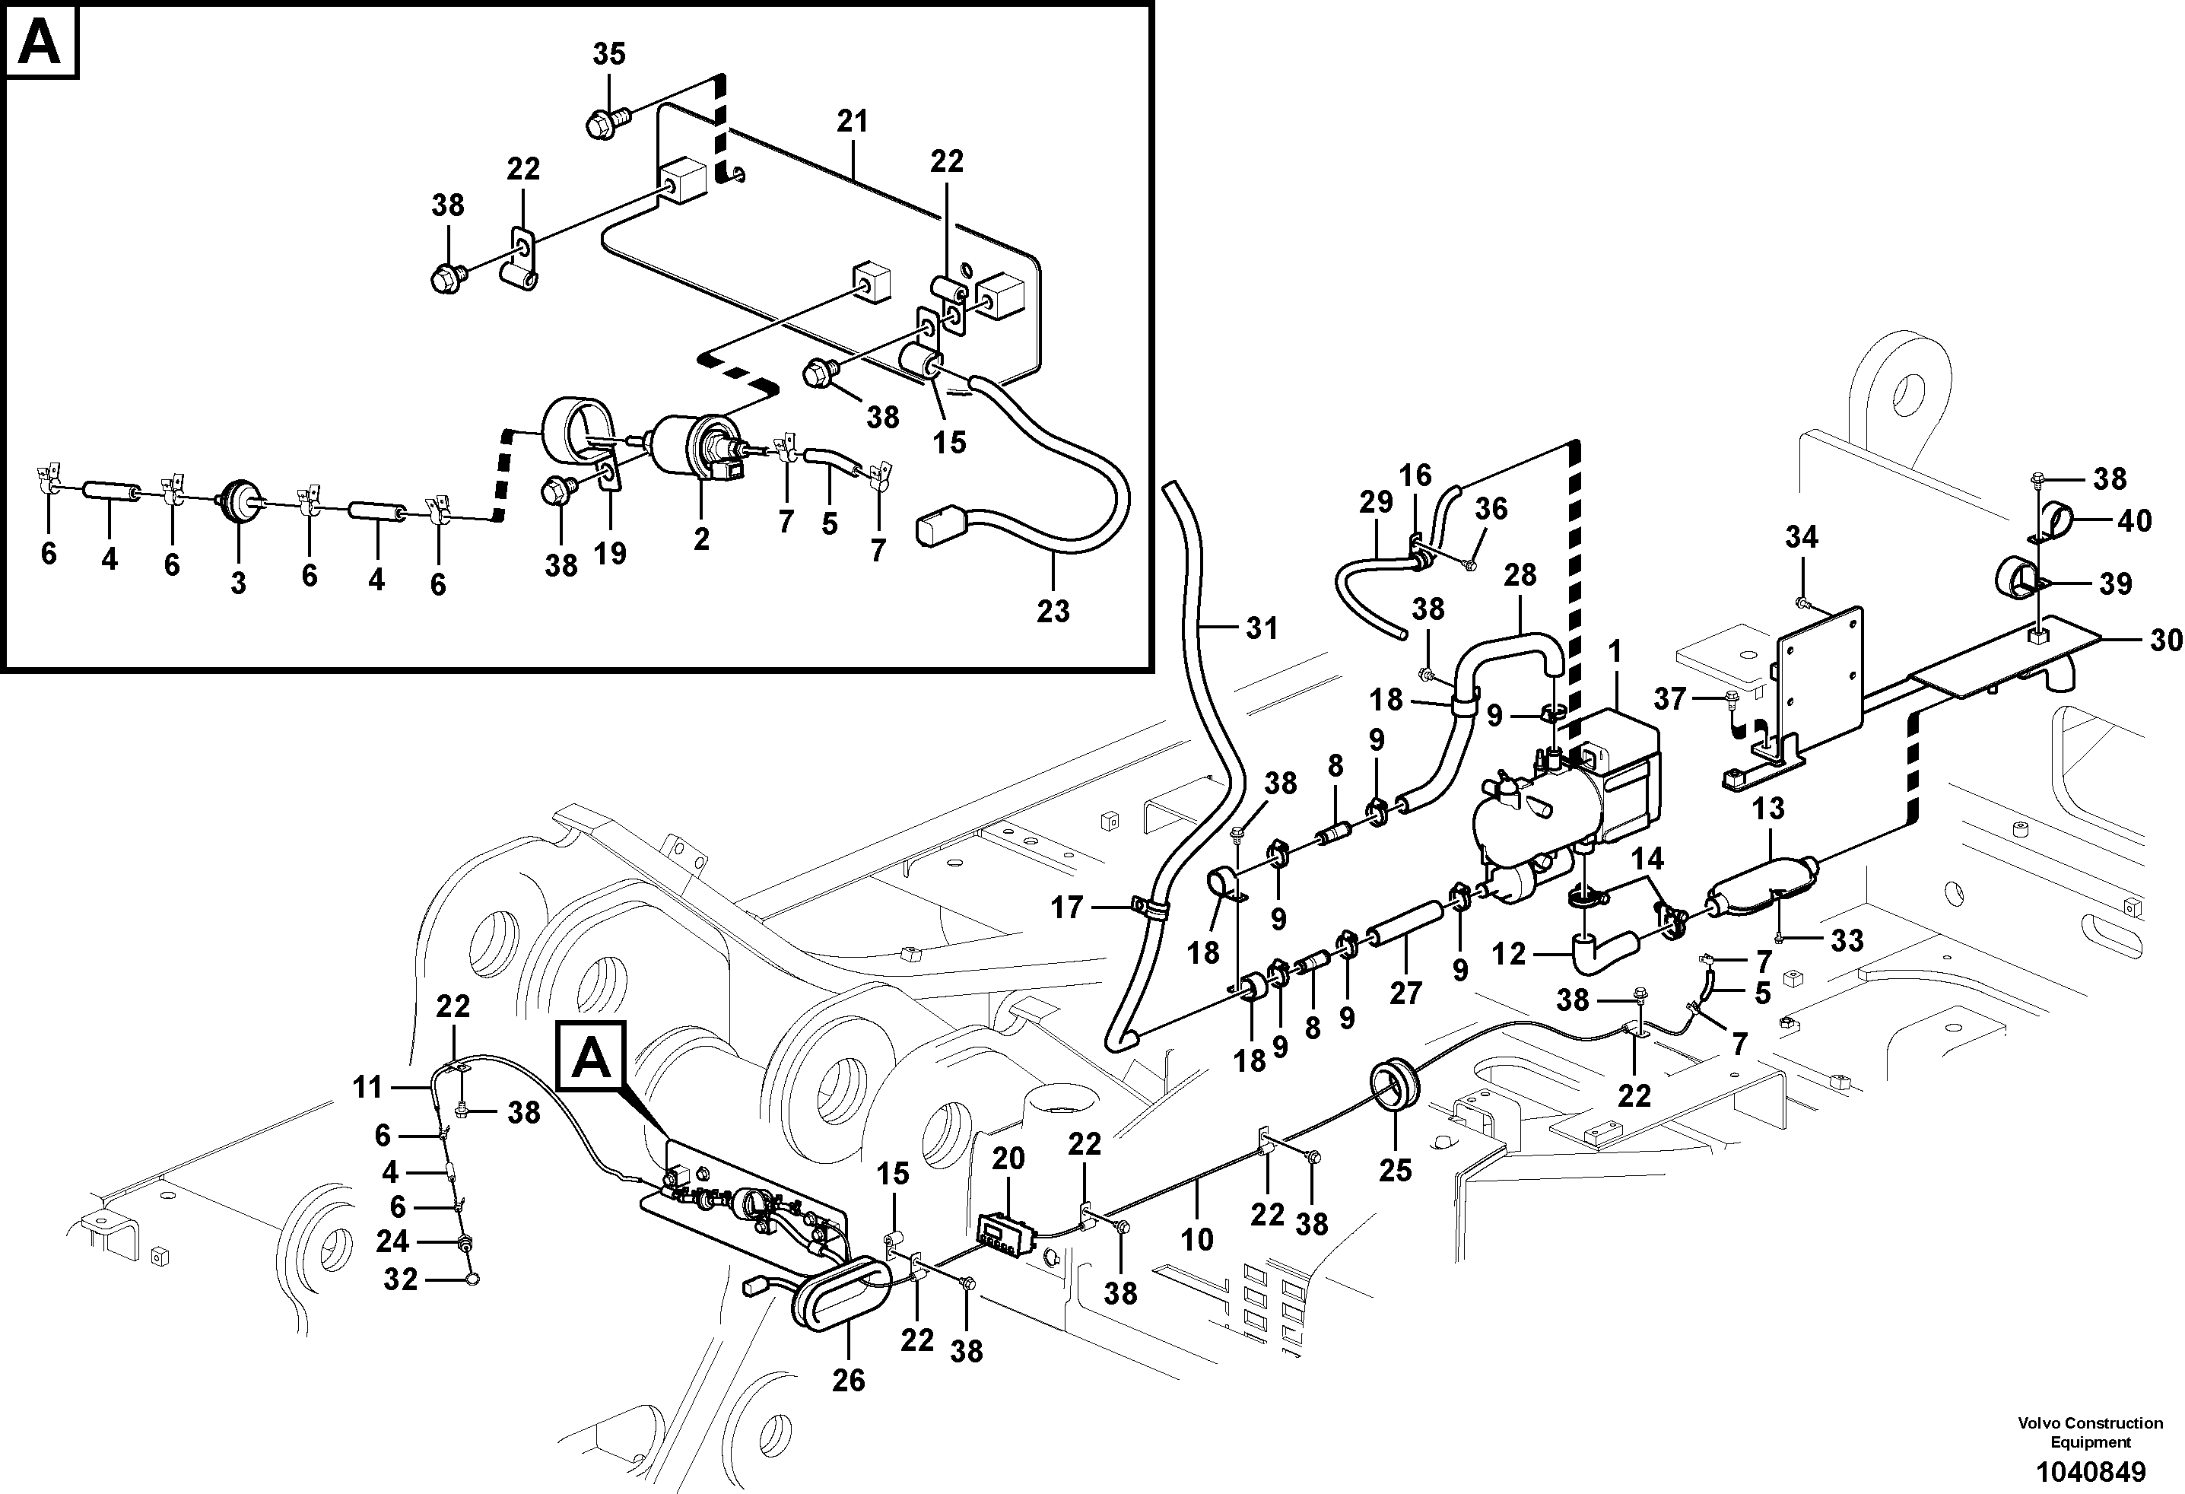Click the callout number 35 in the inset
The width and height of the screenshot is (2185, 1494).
click(608, 55)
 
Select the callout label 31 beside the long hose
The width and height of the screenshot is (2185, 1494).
click(1262, 628)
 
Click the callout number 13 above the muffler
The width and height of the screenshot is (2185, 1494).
click(1768, 809)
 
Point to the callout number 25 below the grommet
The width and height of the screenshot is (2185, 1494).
click(1396, 1171)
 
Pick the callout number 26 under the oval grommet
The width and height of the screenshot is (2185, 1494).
click(848, 1380)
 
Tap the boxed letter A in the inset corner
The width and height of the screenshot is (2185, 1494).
click(40, 43)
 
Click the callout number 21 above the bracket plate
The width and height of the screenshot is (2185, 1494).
click(853, 121)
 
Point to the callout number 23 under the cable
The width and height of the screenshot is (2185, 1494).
click(1053, 612)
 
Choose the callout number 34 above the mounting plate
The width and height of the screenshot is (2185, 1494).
click(1802, 538)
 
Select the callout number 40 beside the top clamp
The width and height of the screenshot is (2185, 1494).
click(2135, 521)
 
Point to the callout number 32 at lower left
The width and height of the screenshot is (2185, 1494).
click(401, 1279)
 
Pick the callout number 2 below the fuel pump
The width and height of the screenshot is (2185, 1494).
click(701, 539)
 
